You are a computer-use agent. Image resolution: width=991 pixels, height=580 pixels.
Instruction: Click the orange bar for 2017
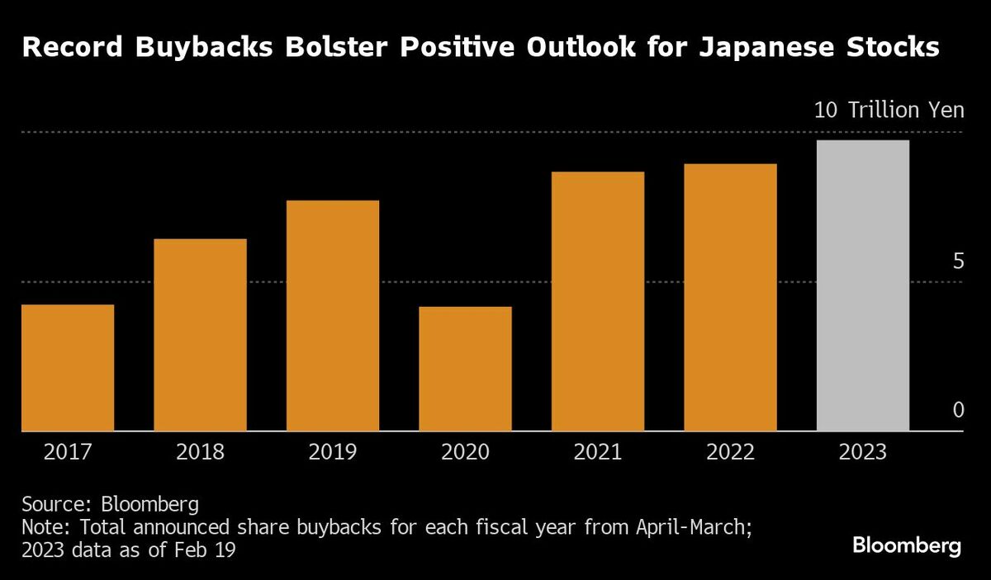click(x=68, y=368)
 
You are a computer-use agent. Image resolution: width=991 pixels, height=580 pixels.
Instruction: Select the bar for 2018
click(x=200, y=335)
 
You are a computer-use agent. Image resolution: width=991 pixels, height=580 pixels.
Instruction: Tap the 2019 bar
click(x=333, y=316)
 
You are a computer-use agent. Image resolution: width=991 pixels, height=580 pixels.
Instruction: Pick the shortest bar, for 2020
click(x=465, y=369)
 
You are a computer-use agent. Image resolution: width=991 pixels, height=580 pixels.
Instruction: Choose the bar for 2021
click(x=598, y=301)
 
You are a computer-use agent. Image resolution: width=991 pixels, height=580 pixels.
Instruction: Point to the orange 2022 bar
click(x=730, y=297)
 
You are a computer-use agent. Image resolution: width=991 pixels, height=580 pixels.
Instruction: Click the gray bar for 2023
click(x=863, y=285)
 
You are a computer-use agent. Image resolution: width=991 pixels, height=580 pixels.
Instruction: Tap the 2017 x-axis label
click(x=68, y=452)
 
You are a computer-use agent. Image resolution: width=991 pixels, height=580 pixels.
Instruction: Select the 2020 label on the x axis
click(x=465, y=452)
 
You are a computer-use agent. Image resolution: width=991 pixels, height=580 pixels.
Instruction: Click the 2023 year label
click(x=863, y=452)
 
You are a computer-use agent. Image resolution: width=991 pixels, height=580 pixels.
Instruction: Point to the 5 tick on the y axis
click(x=958, y=262)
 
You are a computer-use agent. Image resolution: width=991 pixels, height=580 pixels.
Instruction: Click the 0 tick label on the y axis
click(x=958, y=410)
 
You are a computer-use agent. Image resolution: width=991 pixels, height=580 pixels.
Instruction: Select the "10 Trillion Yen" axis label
click(x=889, y=111)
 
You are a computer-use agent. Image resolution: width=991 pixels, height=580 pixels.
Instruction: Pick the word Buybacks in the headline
click(x=195, y=48)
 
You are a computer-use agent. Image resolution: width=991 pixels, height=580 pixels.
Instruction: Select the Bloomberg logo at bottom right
click(x=907, y=545)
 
